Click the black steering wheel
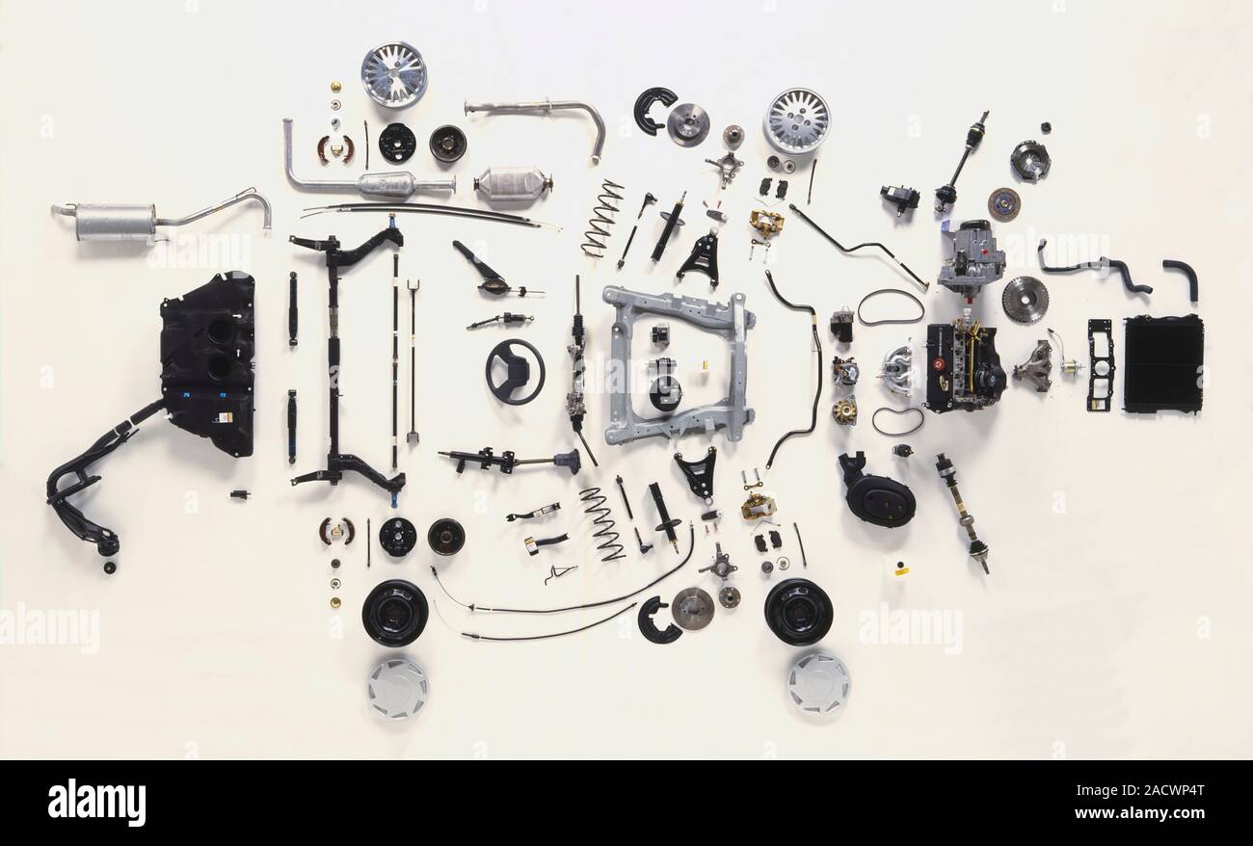coord(514,372)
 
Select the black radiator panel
coord(1162,364)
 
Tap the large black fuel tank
coord(209,364)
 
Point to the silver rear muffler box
coord(115,222)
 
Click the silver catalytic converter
coord(512,183)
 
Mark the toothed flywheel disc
coord(1024,299)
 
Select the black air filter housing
coord(876,491)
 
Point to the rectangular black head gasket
coord(1099,365)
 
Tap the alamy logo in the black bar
coord(96,802)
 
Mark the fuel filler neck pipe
coord(92,482)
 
